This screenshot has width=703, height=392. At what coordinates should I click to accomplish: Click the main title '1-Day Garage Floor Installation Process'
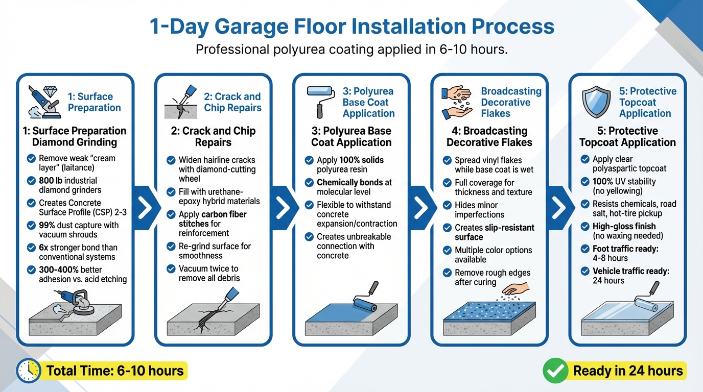[x=351, y=27]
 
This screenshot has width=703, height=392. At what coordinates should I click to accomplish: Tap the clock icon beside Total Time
[x=28, y=371]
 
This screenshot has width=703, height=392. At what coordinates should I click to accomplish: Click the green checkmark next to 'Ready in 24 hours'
[x=554, y=371]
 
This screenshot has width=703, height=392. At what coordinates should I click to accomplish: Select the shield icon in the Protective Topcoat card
[x=596, y=102]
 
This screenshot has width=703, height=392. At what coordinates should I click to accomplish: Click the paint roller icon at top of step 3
[x=320, y=100]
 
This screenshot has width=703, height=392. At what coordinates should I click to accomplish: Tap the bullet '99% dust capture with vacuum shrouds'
[x=79, y=230]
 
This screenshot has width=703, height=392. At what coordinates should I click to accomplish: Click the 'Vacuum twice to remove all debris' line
[x=208, y=273]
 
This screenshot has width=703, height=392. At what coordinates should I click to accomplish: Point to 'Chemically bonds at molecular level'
[x=354, y=187]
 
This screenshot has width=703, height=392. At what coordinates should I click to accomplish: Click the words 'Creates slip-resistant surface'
[x=494, y=232]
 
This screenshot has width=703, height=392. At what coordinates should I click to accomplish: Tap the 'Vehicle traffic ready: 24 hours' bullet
[x=631, y=276]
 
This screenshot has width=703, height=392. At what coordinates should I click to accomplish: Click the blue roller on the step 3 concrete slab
[x=366, y=302]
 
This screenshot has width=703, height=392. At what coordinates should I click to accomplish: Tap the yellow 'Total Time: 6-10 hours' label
[x=115, y=371]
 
